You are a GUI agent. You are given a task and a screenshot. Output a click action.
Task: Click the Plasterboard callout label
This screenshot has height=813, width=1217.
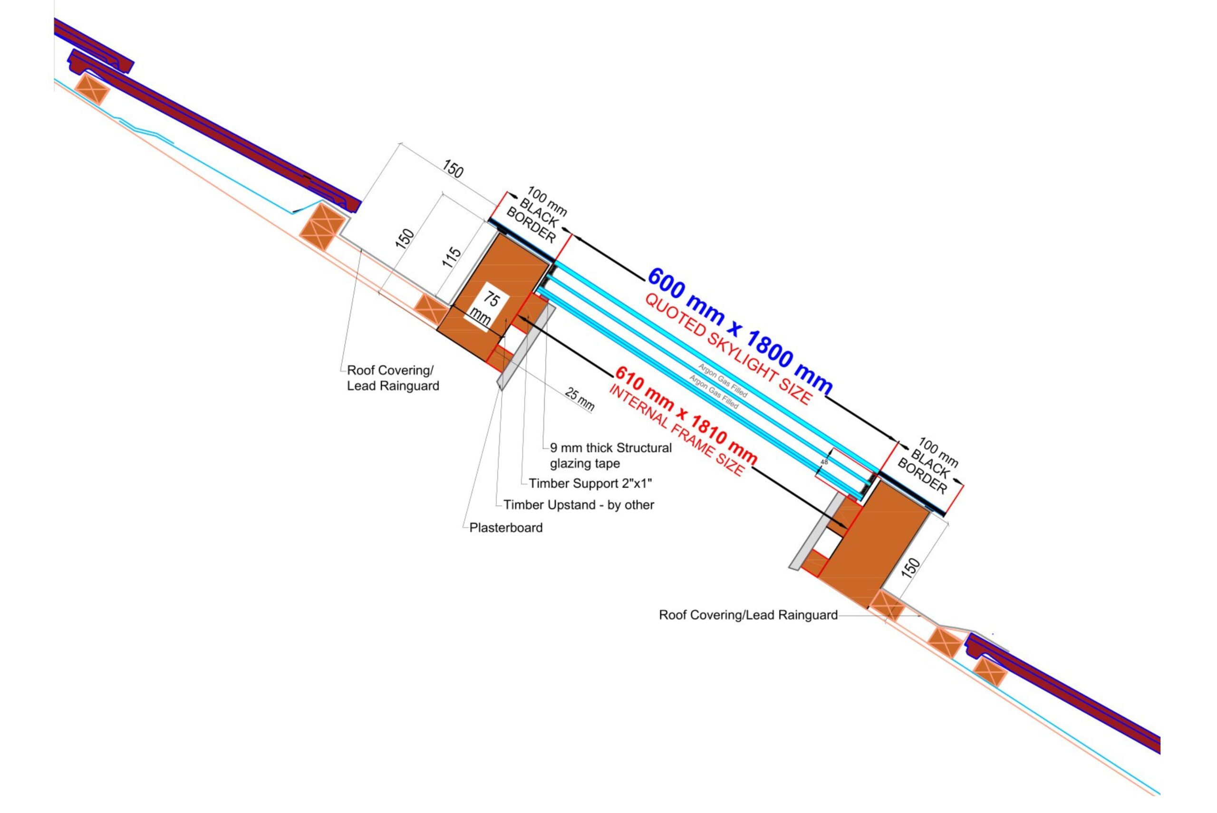pyautogui.click(x=506, y=528)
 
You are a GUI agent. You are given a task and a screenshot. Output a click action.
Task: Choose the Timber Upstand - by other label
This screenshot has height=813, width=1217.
pyautogui.click(x=579, y=505)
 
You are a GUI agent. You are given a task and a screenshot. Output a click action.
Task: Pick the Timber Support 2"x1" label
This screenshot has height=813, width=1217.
pyautogui.click(x=590, y=483)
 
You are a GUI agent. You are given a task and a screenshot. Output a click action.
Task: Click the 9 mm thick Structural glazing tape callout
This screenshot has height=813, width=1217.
pyautogui.click(x=610, y=455)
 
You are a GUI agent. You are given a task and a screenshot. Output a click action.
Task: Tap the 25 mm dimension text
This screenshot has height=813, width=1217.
pyautogui.click(x=579, y=400)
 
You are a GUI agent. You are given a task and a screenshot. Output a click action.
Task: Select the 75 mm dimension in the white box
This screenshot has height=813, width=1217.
pyautogui.click(x=485, y=308)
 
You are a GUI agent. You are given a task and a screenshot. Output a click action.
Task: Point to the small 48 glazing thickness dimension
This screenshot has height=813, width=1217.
pyautogui.click(x=824, y=461)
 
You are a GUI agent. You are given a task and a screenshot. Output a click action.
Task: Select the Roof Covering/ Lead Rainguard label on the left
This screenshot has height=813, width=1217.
pyautogui.click(x=393, y=378)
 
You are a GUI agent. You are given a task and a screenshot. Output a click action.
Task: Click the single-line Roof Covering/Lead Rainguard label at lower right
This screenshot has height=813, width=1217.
pyautogui.click(x=748, y=615)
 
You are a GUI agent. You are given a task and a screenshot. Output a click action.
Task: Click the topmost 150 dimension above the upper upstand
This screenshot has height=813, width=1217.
pyautogui.click(x=453, y=169)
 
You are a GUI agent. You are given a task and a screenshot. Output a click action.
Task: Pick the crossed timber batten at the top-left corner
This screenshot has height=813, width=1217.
pyautogui.click(x=92, y=89)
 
